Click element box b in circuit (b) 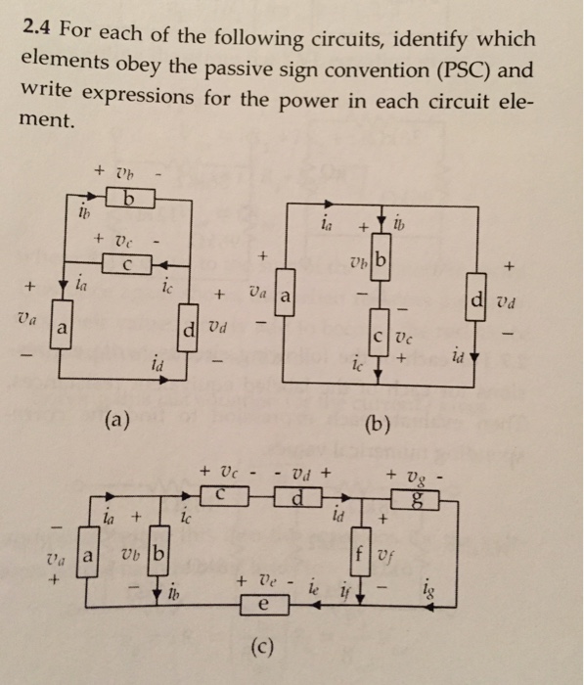[380, 261]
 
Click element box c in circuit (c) [222, 496]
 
